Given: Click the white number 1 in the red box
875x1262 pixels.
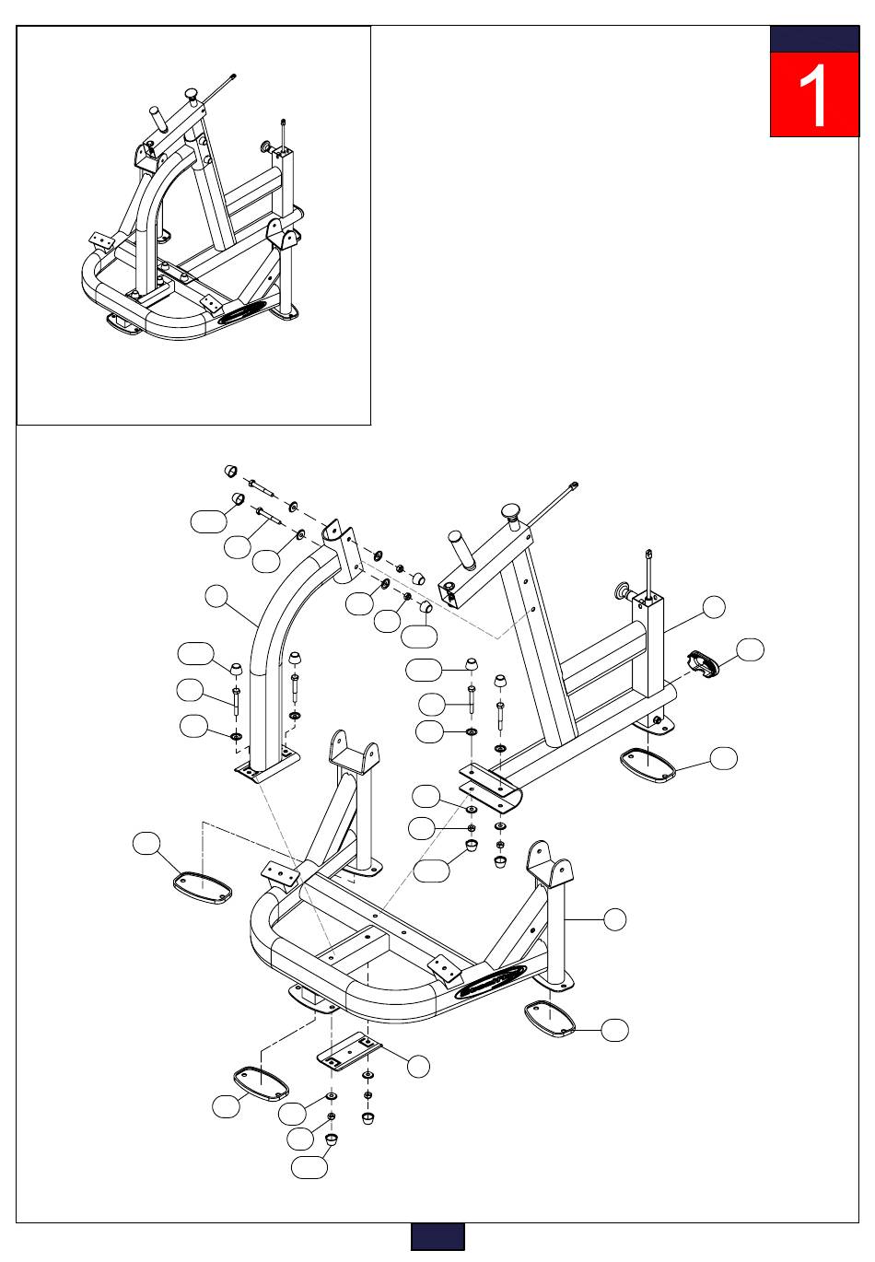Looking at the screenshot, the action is tap(813, 95).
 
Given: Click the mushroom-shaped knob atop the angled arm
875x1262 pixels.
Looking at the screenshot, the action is tap(511, 514).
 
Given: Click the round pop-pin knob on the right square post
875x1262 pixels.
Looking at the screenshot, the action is tap(624, 591).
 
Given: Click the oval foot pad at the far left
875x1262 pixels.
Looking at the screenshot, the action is tap(203, 888).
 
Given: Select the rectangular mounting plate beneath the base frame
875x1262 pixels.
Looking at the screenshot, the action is tap(349, 1052).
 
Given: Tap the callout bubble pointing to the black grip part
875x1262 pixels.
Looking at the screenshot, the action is tap(750, 649).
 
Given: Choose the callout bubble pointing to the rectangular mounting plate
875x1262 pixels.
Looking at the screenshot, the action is tap(418, 1066).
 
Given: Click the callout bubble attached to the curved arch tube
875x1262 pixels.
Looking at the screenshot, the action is tap(216, 597).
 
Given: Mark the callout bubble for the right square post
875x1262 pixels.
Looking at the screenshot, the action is tap(714, 607).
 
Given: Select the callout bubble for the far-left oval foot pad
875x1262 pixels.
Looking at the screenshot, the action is tap(146, 844).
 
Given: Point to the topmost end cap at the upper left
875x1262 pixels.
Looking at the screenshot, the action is tap(231, 470).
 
